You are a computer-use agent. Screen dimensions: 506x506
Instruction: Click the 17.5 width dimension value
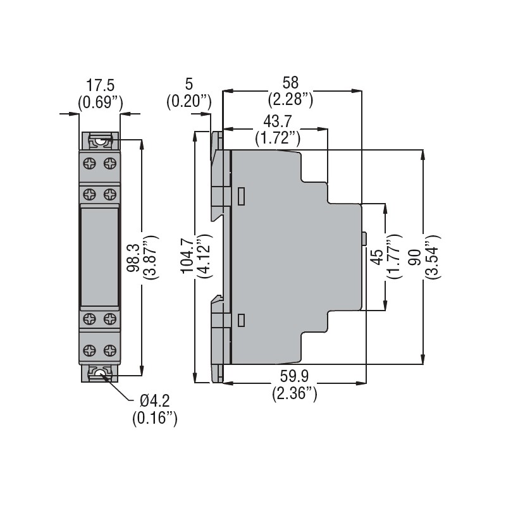pos(100,85)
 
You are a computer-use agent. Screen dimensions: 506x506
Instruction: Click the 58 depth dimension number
pos(290,83)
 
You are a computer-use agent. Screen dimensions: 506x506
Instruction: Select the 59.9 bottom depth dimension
pos(295,378)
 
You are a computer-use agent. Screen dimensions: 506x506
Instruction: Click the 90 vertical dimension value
pos(415,259)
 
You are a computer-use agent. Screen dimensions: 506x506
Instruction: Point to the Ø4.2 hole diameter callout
pos(154,402)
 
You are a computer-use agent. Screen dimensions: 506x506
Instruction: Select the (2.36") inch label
pos(295,393)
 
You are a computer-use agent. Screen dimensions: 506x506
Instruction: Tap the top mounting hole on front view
pos(100,140)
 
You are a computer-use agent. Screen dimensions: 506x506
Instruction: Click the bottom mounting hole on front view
pos(100,376)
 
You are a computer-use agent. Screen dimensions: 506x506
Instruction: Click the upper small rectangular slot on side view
pos(241,197)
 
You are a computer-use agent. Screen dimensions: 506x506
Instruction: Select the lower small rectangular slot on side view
pos(241,320)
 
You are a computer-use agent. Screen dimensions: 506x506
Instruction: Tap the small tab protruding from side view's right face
pos(365,238)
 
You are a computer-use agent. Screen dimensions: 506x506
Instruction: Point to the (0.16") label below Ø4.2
pos(154,417)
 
